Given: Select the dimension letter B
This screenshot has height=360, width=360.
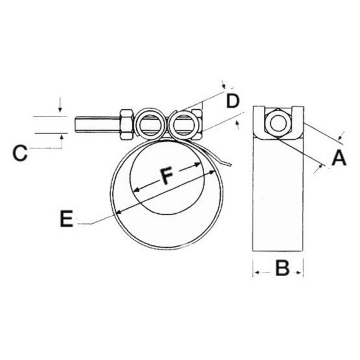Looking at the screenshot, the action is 282,268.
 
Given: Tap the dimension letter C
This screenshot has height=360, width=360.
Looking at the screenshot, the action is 20,153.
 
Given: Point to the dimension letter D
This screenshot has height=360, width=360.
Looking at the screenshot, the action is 233,101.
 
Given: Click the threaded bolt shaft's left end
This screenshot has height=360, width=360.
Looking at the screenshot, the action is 76,125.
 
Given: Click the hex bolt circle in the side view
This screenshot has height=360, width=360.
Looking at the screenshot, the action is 278,123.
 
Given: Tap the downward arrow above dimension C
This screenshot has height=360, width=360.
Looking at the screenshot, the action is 60,105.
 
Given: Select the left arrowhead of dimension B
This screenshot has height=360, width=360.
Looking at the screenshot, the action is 257,272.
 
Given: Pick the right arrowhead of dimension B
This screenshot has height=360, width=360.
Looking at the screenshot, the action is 299,272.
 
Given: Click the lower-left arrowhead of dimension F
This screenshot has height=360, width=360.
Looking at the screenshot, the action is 136,190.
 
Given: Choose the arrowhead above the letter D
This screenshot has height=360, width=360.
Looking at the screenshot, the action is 224,86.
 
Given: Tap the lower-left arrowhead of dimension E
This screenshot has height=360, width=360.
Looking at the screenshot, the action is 120,213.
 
